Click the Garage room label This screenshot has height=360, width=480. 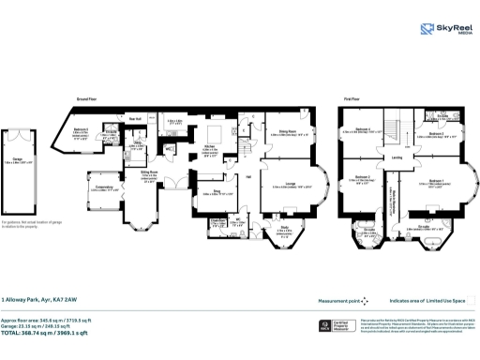coord(20,161)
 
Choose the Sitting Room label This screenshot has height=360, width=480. coord(149,174)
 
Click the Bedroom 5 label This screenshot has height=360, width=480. coord(82,130)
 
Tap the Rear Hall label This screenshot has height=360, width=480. coord(135,118)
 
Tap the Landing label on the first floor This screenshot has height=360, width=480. coord(397,157)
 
